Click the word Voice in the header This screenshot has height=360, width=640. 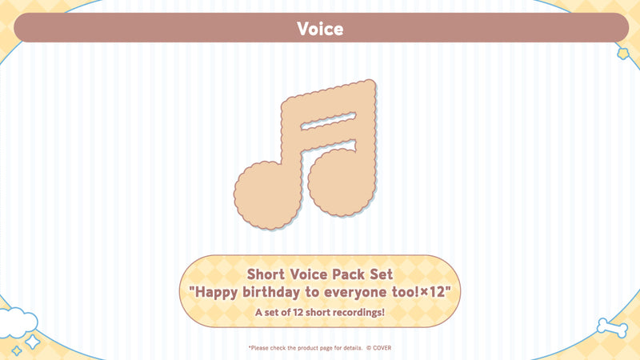point(320,29)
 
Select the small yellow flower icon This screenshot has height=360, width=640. point(622,53)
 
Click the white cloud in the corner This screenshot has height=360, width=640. point(18,322)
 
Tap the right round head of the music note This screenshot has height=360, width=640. point(339,183)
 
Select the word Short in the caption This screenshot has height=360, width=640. point(269,274)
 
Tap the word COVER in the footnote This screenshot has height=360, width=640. point(381,348)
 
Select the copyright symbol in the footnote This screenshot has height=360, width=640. point(369,348)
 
